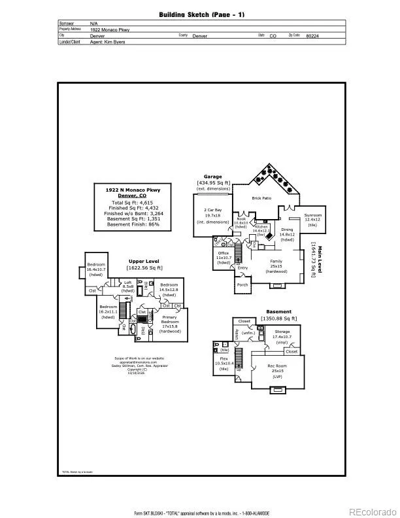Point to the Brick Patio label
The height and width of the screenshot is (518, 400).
coord(261,198)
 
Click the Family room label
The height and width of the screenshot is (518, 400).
coord(276,262)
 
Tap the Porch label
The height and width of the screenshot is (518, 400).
coord(242,285)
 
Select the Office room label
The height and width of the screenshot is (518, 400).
coord(224,253)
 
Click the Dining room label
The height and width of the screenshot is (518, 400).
coord(288,230)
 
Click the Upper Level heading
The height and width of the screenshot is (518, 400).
coord(145,262)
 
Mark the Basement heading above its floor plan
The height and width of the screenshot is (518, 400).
coord(279,312)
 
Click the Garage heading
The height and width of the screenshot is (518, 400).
coord(212,177)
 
